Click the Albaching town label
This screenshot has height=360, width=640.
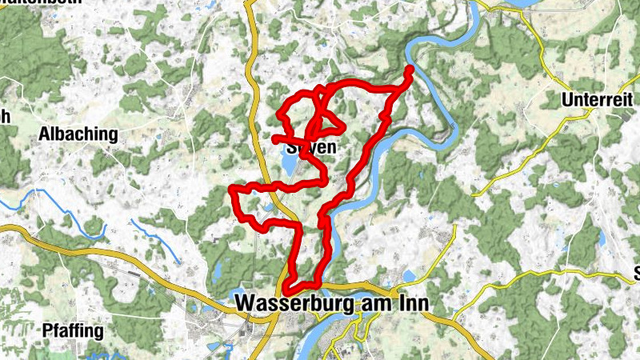pos(78,134)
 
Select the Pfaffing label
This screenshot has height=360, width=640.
pos(74,330)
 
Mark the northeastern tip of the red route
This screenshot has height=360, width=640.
pos(409,70)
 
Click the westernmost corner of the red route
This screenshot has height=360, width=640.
pos(232,189)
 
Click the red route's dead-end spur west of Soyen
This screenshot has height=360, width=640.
pos(275,139)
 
